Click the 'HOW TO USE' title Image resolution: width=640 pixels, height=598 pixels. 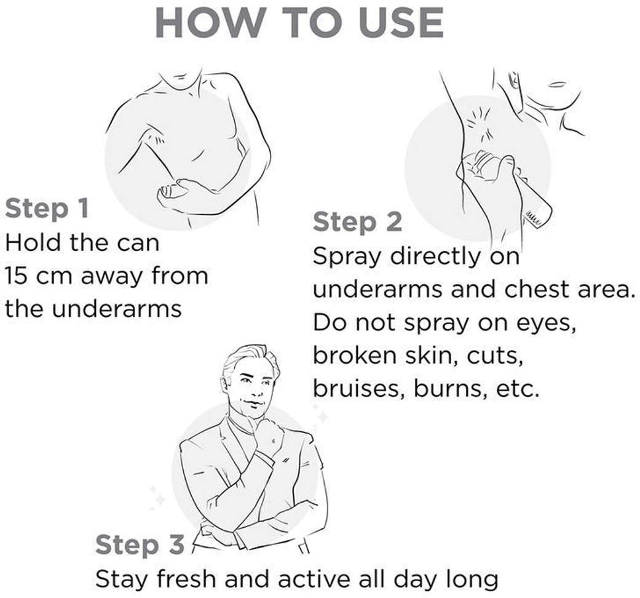coord(299,23)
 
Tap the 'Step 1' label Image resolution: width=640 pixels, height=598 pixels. coord(47,209)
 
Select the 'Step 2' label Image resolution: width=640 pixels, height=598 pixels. coord(358,222)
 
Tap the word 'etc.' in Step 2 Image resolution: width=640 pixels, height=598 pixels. coord(518,389)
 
